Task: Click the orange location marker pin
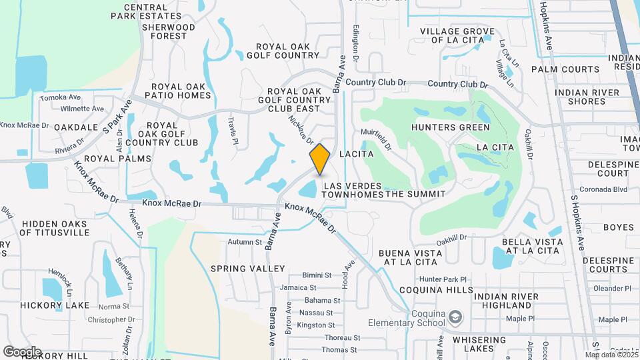point(320,159)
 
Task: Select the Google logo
point(23,351)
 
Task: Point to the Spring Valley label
point(238,269)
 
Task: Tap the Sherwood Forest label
point(164,31)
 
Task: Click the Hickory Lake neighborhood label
point(55,305)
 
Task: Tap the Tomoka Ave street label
point(60,98)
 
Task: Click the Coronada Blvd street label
point(604,189)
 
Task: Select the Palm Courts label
point(565,69)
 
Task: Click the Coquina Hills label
point(436,291)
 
